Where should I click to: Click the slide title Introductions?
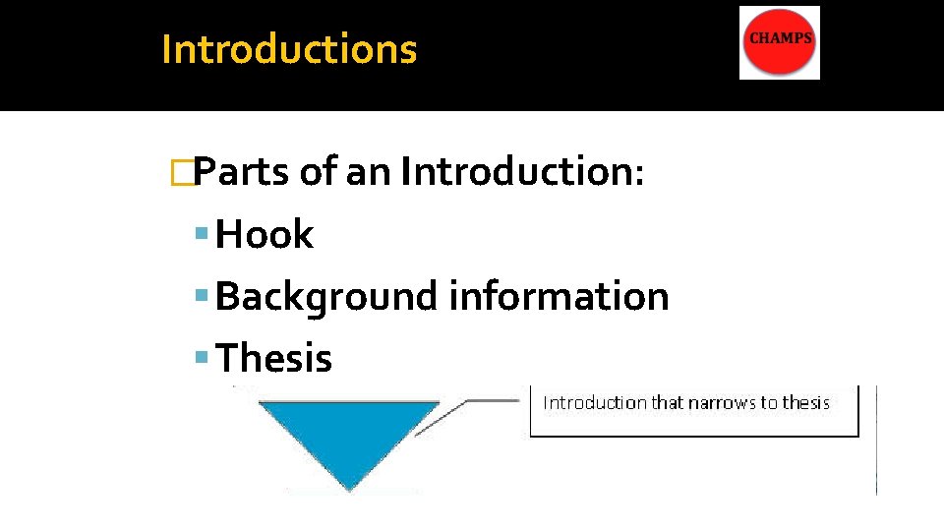pos(289,49)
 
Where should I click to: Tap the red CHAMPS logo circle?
pos(779,43)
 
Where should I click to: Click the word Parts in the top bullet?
pos(242,172)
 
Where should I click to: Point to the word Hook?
pos(265,235)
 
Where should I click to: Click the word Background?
pos(327,296)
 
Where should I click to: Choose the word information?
pos(560,296)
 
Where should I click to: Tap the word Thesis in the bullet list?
pos(274,358)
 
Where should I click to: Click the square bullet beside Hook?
pos(203,236)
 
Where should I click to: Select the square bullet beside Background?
pos(203,297)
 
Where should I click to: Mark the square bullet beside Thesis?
pos(203,359)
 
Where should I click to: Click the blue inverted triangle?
pos(349,433)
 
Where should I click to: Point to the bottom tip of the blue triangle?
pos(349,488)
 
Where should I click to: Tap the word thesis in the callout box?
pos(805,402)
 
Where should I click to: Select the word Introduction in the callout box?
pos(595,402)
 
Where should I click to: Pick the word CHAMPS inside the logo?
pos(781,38)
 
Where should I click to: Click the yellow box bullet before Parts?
pos(180,173)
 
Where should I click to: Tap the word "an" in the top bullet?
pos(369,172)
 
